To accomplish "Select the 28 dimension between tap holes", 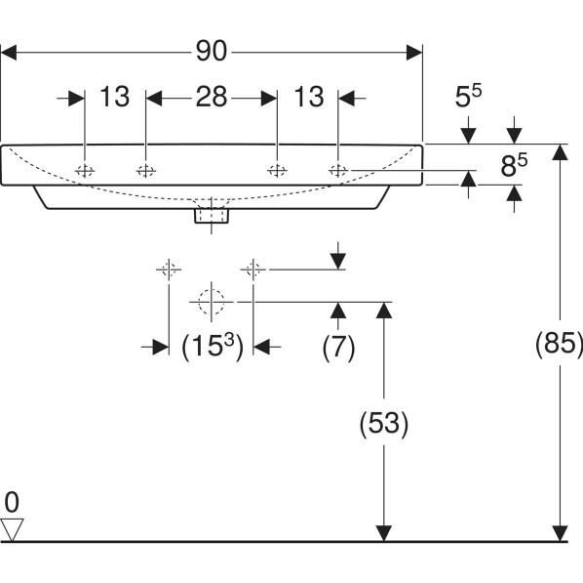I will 211,97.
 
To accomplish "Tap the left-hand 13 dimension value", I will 115,97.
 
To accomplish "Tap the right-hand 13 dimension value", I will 308,97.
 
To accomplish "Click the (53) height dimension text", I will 383,423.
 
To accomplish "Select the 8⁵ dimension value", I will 514,166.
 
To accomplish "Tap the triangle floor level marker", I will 12,529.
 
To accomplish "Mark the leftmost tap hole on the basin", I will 86,171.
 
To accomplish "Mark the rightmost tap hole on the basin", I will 337,171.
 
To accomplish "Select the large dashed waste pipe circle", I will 211,302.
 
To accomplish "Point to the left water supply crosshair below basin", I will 169,269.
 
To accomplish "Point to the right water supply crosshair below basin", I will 253,269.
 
